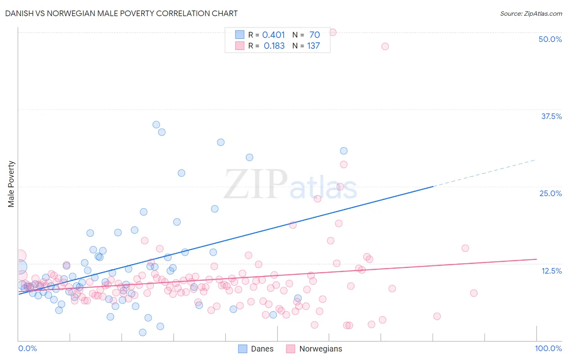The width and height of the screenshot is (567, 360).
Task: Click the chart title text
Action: coord(121,13)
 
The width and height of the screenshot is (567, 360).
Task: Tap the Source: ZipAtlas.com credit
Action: coord(531,13)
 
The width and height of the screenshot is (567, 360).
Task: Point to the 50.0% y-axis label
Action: coord(550,39)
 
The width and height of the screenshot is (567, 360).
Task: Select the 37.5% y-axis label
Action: coord(551,116)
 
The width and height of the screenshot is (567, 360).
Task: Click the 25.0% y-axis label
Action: coord(550,193)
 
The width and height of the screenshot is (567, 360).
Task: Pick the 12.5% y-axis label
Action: coord(551,271)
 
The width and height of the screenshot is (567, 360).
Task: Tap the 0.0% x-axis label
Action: coord(27,348)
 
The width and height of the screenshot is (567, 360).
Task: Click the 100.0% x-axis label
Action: coord(548,348)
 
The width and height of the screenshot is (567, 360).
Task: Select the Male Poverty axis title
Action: coord(11,184)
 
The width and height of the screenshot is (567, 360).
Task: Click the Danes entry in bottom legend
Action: coord(256,349)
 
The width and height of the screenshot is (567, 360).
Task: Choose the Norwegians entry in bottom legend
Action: coord(314,349)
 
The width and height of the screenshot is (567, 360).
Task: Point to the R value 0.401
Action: coord(273,35)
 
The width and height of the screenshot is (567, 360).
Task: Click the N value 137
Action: coord(313,46)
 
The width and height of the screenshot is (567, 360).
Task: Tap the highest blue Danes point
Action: coord(156,125)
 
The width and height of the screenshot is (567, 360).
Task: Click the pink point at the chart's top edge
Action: coord(333,32)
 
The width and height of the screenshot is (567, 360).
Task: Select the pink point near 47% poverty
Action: coord(385,46)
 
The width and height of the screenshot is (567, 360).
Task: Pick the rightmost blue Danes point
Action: coord(344,151)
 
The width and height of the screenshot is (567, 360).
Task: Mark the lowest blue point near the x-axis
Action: coord(142,333)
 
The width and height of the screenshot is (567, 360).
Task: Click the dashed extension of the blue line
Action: coord(484,173)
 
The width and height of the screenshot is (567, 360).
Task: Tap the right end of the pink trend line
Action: coord(536,259)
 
